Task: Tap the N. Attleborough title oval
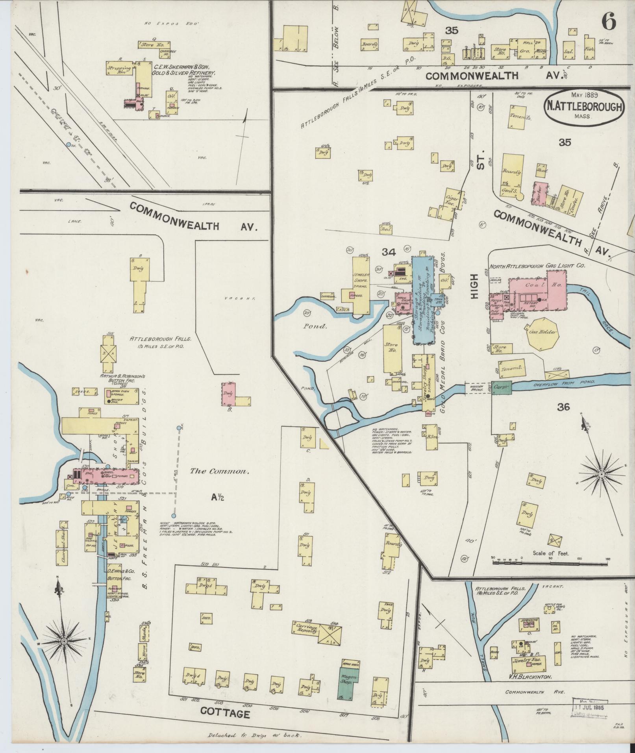(584, 107)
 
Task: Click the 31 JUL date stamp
(589, 707)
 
